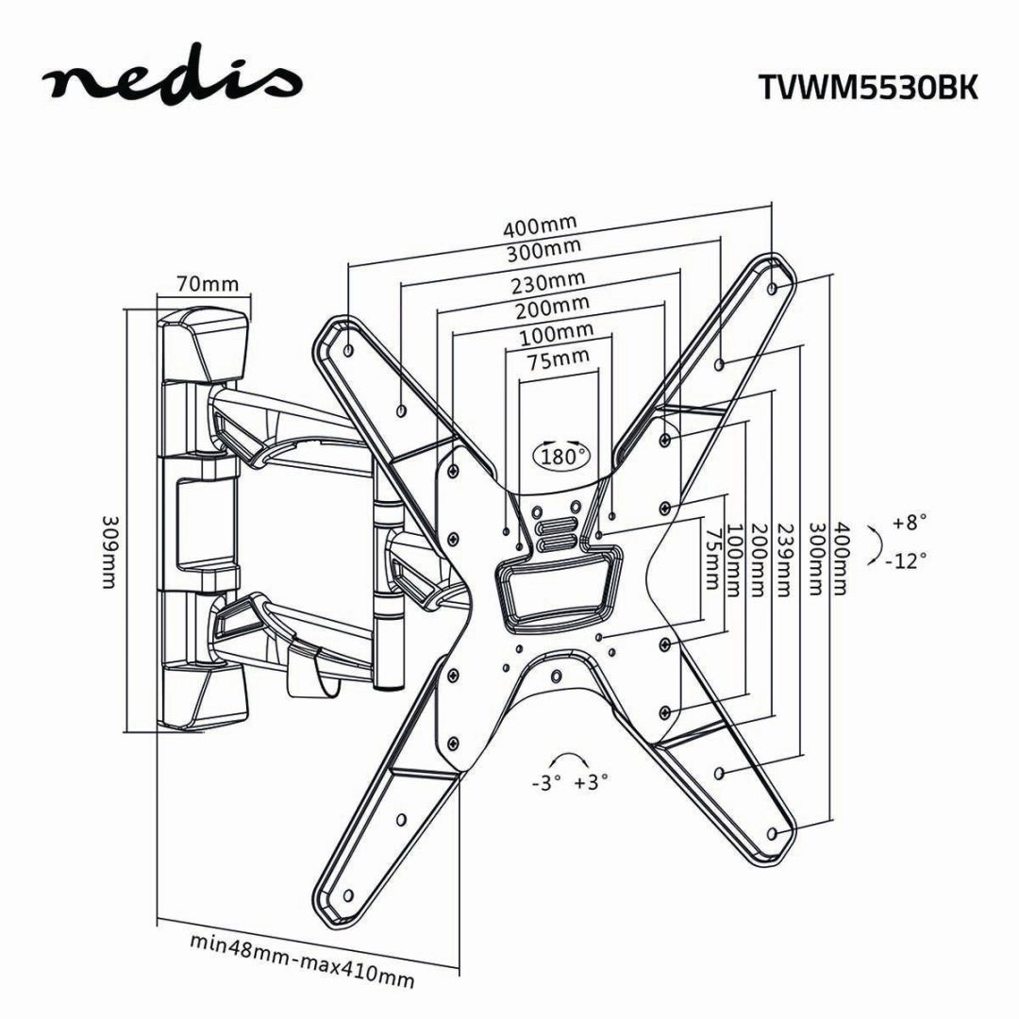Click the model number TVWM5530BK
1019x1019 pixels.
tap(868, 87)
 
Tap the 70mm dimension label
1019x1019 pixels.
tap(206, 284)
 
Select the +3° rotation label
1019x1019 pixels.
tap(591, 781)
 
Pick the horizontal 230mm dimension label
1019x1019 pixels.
tap(548, 282)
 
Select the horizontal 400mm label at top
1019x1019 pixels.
tap(539, 226)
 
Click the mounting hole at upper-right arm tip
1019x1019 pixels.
tap(774, 287)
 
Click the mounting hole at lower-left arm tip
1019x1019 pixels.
tap(348, 894)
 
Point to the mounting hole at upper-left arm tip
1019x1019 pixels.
tap(349, 350)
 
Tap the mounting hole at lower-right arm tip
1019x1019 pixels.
tap(773, 834)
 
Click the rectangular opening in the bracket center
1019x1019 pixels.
tap(558, 593)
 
